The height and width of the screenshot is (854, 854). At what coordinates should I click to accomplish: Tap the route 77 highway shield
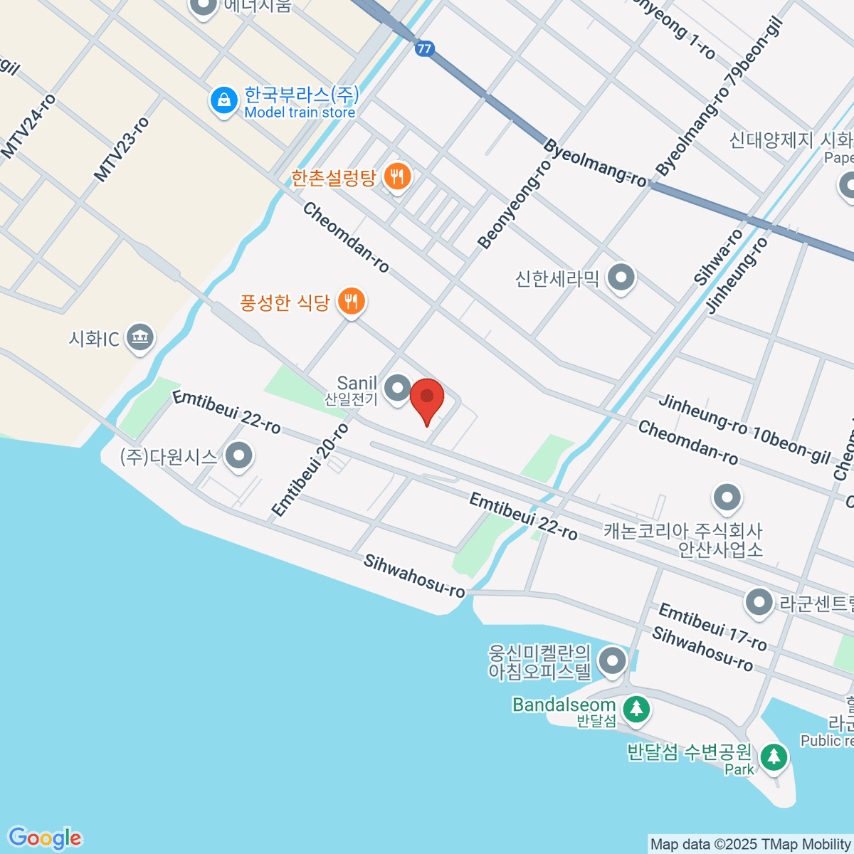click(424, 48)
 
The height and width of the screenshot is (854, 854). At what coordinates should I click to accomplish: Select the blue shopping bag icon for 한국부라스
click(223, 100)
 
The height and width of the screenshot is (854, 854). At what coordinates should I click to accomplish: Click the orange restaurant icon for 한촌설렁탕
click(397, 176)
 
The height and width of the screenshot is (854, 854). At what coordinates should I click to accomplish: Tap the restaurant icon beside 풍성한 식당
click(350, 302)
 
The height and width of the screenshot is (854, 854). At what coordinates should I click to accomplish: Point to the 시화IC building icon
click(140, 338)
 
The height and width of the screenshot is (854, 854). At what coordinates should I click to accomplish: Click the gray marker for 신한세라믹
click(621, 278)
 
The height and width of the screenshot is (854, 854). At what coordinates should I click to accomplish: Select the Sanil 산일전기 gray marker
click(397, 389)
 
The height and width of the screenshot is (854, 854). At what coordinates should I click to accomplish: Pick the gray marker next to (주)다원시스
click(238, 456)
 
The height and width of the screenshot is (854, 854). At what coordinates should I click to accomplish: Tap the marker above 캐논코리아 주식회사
click(727, 498)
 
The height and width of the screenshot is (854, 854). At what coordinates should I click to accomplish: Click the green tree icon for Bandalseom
click(636, 709)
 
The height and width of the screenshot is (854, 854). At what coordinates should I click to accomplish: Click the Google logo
click(44, 838)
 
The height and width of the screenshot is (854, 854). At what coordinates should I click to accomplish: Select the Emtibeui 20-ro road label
click(310, 469)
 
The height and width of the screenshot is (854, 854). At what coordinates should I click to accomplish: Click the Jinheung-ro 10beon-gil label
click(744, 428)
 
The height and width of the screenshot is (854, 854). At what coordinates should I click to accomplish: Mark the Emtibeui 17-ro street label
click(712, 627)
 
